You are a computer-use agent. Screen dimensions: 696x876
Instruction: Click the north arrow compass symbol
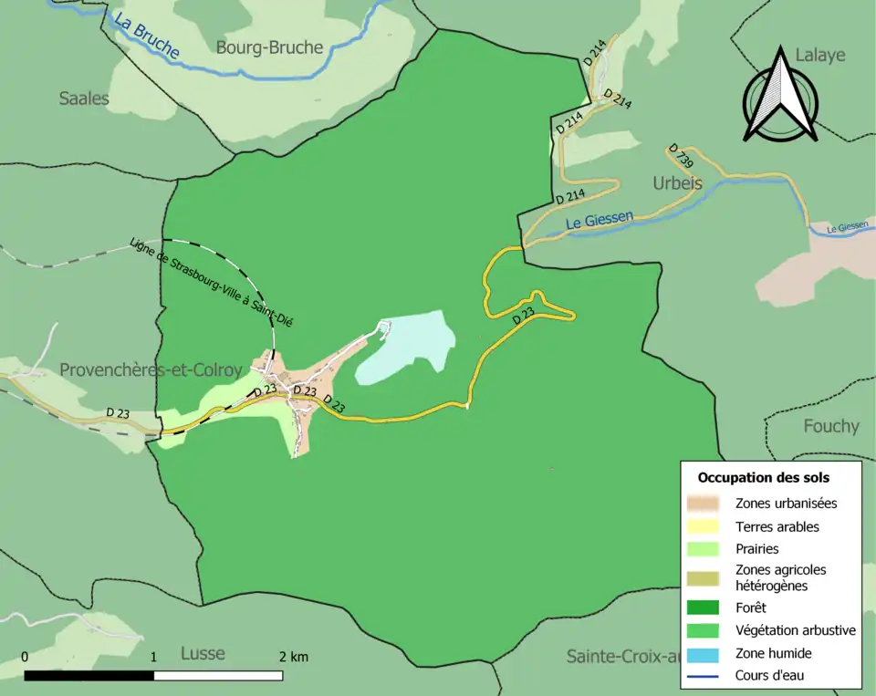pos(779,95)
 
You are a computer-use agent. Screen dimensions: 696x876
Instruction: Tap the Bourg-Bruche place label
pos(269,47)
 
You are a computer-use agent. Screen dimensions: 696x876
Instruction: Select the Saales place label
pos(84,99)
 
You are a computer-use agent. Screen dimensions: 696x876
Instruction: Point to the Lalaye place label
pos(819,55)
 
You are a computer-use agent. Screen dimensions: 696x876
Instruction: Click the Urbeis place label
pos(677,183)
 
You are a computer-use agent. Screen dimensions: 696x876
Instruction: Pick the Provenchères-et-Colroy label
pos(151,370)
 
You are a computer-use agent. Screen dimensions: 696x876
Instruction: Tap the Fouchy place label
pos(830,426)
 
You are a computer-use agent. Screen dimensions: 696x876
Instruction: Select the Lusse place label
pos(203,653)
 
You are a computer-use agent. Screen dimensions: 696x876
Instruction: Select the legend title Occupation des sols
pos(763,477)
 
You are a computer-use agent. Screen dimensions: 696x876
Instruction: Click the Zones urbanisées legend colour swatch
pos(704,503)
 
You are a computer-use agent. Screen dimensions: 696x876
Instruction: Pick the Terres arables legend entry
pos(777,526)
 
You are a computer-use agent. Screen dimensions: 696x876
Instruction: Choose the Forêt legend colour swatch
pos(704,608)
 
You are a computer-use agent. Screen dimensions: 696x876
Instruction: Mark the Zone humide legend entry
pos(773,653)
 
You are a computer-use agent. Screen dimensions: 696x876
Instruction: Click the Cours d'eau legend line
pos(704,676)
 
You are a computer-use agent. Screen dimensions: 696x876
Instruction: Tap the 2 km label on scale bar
pos(293,657)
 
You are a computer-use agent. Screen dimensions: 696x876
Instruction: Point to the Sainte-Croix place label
pos(623,656)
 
